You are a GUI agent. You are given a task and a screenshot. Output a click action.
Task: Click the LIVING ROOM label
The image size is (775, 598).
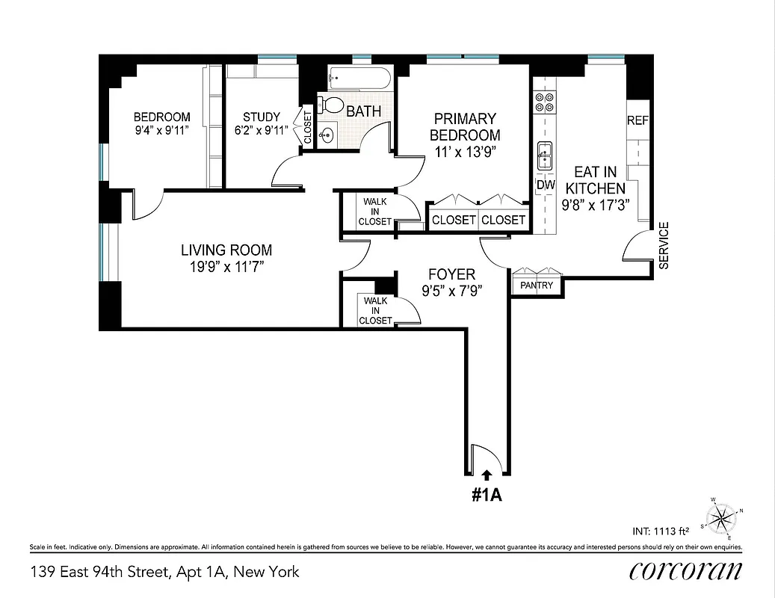click(226, 250)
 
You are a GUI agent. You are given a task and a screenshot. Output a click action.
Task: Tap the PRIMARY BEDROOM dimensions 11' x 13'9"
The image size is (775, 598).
click(465, 151)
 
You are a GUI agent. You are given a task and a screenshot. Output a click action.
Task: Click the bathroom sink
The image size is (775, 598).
click(327, 135)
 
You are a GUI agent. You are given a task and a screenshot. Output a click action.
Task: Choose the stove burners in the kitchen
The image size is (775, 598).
click(543, 102)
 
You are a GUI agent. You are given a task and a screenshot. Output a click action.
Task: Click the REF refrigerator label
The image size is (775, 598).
click(637, 120)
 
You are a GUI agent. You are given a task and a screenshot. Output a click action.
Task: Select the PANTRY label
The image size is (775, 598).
click(537, 286)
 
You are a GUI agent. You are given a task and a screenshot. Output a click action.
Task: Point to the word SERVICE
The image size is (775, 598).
click(664, 245)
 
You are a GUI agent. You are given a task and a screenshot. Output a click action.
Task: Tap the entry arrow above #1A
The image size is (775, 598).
click(487, 474)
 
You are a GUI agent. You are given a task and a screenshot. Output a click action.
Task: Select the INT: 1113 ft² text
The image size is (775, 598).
click(660, 531)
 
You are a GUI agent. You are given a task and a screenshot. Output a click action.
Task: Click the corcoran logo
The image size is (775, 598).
click(685, 570)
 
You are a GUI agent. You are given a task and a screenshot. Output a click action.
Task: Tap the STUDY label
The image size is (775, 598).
click(262, 117)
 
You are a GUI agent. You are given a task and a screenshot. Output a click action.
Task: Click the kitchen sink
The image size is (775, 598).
click(544, 155)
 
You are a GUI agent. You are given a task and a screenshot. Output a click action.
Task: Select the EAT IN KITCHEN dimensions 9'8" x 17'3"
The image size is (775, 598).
click(594, 203)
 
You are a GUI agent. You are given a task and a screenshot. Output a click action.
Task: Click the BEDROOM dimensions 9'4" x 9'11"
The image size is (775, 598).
click(161, 130)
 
